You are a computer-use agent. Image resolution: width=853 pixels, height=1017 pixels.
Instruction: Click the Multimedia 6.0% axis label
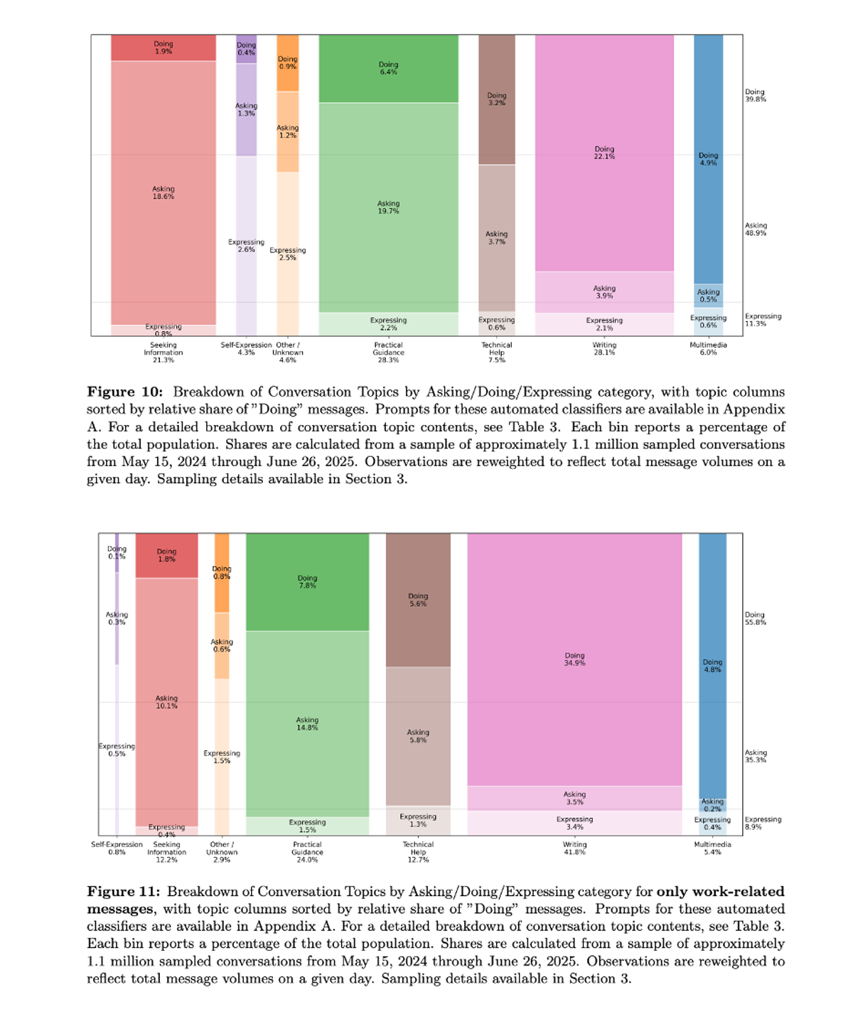708,349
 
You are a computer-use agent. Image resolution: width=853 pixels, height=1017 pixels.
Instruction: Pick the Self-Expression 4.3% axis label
246,349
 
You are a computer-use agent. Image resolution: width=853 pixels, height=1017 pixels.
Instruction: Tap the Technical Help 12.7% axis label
418,852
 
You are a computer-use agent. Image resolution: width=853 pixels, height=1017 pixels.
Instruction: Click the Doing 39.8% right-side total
755,96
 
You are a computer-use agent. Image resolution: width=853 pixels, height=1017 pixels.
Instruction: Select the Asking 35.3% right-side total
755,756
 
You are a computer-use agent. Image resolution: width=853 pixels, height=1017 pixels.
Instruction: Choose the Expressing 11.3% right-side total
763,320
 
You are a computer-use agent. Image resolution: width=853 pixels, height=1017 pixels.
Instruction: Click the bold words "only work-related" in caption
720,892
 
